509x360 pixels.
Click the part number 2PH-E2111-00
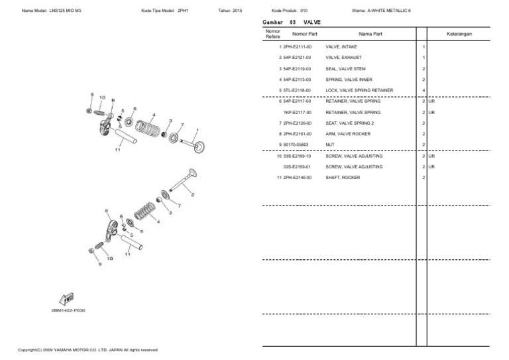pyautogui.click(x=297, y=47)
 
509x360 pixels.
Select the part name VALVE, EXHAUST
pyautogui.click(x=343, y=58)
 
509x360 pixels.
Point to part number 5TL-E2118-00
pyautogui.click(x=297, y=90)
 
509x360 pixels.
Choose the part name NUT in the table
pyautogui.click(x=329, y=145)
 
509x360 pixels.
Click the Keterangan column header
pyautogui.click(x=459, y=33)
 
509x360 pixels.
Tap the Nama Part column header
pyautogui.click(x=370, y=33)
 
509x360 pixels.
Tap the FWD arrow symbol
pyautogui.click(x=67, y=298)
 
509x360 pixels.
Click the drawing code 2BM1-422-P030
pyautogui.click(x=68, y=310)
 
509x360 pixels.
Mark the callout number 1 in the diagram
pyautogui.click(x=197, y=130)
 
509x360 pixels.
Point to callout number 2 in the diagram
pyautogui.click(x=192, y=195)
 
